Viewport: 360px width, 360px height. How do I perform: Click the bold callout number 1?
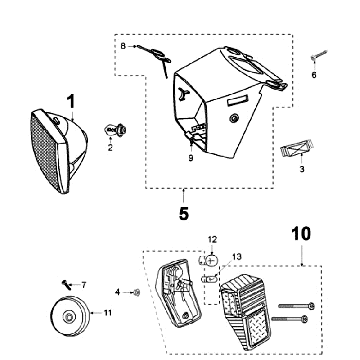pyautogui.click(x=71, y=101)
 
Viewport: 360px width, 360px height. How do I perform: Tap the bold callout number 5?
pyautogui.click(x=184, y=213)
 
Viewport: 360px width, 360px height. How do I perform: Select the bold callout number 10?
pyautogui.click(x=301, y=234)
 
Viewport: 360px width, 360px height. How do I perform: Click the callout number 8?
pyautogui.click(x=123, y=46)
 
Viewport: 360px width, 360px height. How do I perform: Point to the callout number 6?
pyautogui.click(x=314, y=75)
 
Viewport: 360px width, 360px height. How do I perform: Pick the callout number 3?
pyautogui.click(x=302, y=169)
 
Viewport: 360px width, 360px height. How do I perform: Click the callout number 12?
pyautogui.click(x=212, y=239)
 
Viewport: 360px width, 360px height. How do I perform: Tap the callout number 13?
pyautogui.click(x=237, y=257)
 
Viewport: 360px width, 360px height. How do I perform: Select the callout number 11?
pyautogui.click(x=107, y=313)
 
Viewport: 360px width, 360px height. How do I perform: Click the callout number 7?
pyautogui.click(x=84, y=285)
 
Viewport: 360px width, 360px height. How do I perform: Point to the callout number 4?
pyautogui.click(x=117, y=292)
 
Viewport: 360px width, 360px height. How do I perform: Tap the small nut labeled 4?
pyautogui.click(x=136, y=293)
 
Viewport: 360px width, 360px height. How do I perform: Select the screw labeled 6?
pyautogui.click(x=319, y=55)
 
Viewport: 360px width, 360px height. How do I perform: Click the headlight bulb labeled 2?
pyautogui.click(x=115, y=130)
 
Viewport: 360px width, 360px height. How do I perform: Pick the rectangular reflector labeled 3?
pyautogui.click(x=298, y=148)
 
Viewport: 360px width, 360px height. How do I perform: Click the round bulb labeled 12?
pyautogui.click(x=210, y=261)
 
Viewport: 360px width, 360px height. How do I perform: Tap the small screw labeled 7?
pyautogui.click(x=66, y=284)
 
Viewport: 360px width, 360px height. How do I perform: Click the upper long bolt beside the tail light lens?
pyautogui.click(x=296, y=306)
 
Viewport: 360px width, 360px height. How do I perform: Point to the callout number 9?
pyautogui.click(x=191, y=158)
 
